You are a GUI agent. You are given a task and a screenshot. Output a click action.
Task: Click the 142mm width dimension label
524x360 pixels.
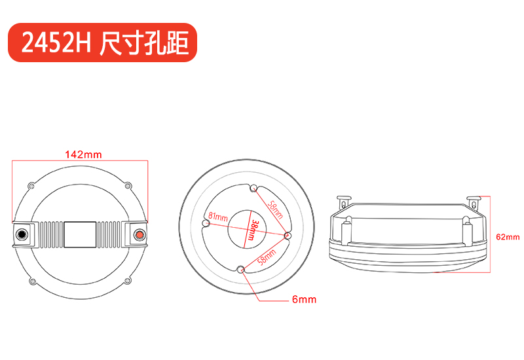(x=83, y=154)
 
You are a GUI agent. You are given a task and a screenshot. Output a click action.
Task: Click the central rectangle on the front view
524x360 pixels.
(x=81, y=233)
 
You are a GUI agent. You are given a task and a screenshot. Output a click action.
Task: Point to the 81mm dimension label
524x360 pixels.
(x=218, y=216)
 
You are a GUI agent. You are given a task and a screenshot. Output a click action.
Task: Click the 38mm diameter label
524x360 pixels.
(x=253, y=232)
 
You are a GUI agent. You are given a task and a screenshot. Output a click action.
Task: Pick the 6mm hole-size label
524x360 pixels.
(x=304, y=300)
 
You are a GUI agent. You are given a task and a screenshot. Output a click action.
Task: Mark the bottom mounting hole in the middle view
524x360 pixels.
(x=241, y=268)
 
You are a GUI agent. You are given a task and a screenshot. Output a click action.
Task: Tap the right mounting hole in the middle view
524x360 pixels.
(x=287, y=235)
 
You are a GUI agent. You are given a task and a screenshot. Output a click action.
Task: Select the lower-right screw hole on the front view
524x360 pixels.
(x=129, y=281)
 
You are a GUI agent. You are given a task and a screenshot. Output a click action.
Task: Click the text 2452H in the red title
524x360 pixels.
(x=56, y=43)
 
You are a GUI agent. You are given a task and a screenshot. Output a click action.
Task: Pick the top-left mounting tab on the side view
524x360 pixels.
(x=343, y=202)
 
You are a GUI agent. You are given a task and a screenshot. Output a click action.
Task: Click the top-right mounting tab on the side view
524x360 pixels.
(x=474, y=201)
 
